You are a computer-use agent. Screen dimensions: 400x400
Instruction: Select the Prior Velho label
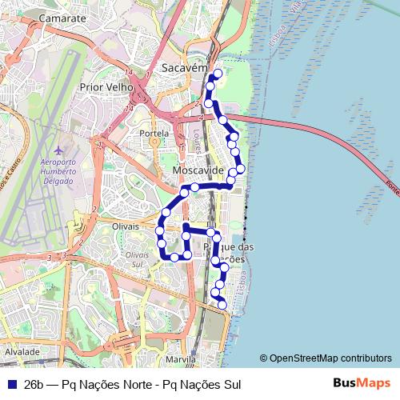106,85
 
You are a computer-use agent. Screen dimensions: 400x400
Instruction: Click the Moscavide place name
197,172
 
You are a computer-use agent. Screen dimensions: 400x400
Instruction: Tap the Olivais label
127,226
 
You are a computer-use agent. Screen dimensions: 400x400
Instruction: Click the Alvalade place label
22,351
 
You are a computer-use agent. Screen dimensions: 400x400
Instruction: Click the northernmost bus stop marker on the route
217,74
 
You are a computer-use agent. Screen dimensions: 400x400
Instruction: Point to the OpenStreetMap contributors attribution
326,358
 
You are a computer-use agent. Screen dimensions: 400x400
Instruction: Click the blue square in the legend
10,384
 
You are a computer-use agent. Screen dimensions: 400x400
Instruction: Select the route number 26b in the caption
34,384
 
